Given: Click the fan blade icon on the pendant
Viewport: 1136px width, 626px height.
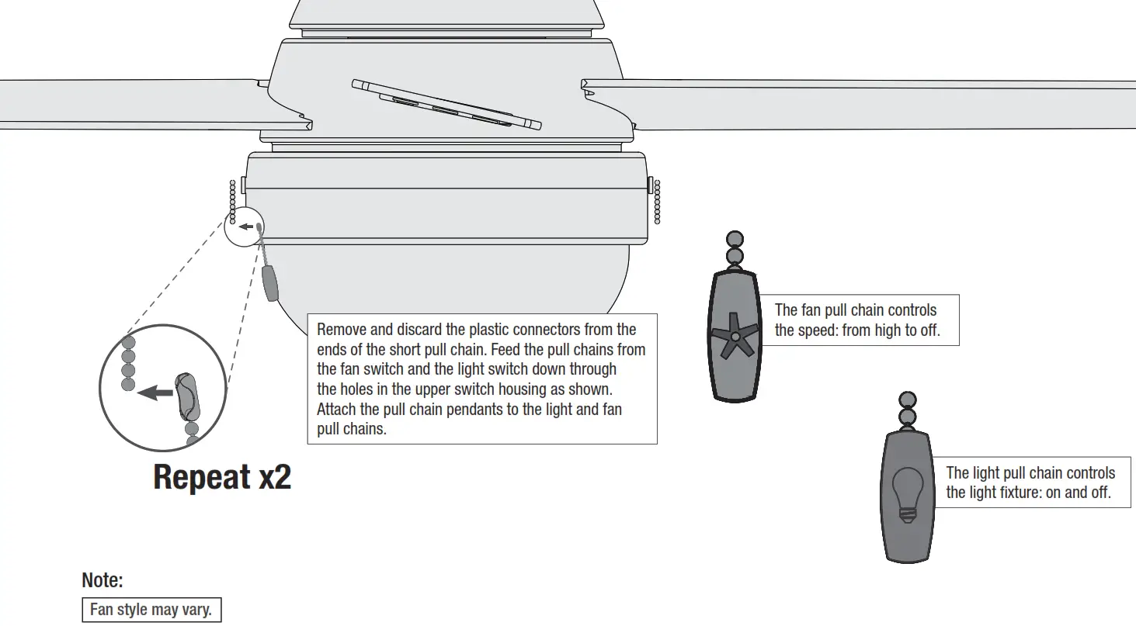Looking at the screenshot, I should [x=735, y=335].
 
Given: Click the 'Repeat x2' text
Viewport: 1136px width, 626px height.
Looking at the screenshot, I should [x=222, y=477].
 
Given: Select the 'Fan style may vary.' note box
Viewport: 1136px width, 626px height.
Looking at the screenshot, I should [x=151, y=610].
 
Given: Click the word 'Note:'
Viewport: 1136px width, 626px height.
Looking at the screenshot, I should [x=102, y=580].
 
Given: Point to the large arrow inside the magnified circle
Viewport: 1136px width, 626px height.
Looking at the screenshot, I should [x=155, y=393].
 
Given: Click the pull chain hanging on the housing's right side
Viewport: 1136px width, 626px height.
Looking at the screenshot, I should [x=657, y=202].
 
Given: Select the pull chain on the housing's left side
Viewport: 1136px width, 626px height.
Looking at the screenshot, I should [x=232, y=202].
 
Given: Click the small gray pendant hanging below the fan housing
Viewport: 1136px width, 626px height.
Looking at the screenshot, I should [x=270, y=283].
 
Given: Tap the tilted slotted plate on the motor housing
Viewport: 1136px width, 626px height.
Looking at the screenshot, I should [x=446, y=105].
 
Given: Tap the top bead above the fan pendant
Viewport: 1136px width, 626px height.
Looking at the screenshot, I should [x=734, y=239].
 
